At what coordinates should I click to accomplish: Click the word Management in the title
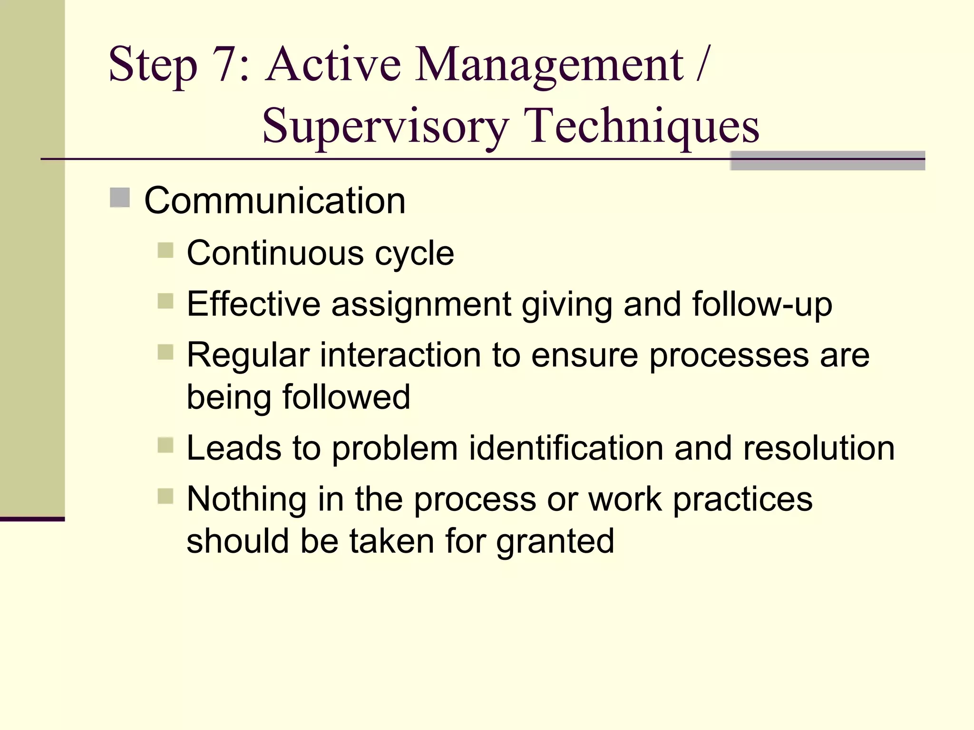coord(549,65)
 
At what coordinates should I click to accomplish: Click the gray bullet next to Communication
coord(120,198)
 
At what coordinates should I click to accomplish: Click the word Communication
coord(275,201)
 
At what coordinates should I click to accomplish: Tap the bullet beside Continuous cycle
coord(166,250)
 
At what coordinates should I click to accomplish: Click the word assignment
coord(421,305)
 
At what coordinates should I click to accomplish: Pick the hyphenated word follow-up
coord(762,304)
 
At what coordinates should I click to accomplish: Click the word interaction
coord(400,355)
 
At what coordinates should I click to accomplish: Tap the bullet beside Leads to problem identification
coord(166,445)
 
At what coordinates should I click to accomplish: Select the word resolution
coord(818,448)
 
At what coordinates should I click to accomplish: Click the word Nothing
coord(246,499)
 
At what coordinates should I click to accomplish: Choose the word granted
coord(555,542)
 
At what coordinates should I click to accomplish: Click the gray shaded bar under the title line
coord(828,162)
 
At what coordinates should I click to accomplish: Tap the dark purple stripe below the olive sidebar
coord(32,519)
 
